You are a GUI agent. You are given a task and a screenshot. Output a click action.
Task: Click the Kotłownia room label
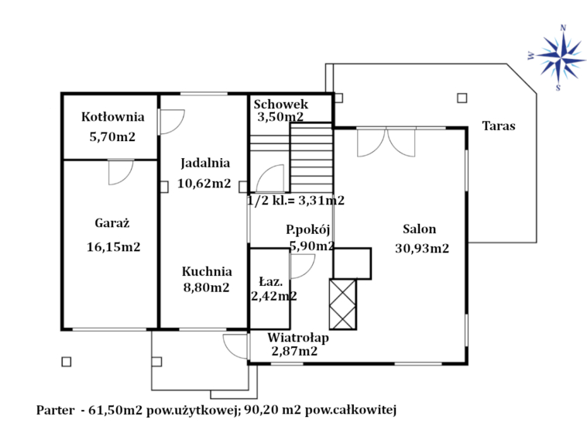(x=113, y=117)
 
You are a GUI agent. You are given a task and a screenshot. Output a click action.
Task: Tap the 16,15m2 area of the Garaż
(x=113, y=247)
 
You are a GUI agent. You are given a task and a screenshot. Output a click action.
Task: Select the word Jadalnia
(x=205, y=163)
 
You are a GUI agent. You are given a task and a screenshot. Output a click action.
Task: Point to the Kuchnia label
(x=207, y=271)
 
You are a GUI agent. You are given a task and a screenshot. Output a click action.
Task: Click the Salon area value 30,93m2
(x=422, y=248)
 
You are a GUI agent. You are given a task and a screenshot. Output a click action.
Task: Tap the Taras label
(x=498, y=126)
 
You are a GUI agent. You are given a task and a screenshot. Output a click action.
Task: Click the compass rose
(x=558, y=58)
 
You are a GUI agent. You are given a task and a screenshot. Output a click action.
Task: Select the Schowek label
(x=281, y=104)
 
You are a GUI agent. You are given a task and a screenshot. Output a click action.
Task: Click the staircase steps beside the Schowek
(x=311, y=158)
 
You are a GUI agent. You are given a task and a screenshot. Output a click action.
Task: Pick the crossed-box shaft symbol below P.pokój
(x=342, y=304)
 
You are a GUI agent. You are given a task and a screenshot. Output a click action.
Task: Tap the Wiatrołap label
(x=298, y=338)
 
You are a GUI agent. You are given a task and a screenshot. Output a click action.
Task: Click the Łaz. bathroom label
(x=271, y=281)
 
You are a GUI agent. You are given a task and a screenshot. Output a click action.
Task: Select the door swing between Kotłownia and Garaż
(x=121, y=172)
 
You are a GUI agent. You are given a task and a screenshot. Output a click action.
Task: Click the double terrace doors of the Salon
(x=386, y=143)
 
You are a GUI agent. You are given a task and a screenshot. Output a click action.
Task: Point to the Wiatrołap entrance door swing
(x=235, y=346)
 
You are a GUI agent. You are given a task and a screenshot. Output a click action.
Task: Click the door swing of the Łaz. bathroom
(x=303, y=267)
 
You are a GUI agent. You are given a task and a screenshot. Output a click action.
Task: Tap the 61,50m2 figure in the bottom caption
(x=115, y=411)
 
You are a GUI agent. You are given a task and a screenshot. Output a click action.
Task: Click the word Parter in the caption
(x=55, y=411)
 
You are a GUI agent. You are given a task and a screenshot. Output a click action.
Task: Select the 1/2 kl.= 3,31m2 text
(x=296, y=201)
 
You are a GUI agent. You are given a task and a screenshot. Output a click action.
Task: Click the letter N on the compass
(x=563, y=28)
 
